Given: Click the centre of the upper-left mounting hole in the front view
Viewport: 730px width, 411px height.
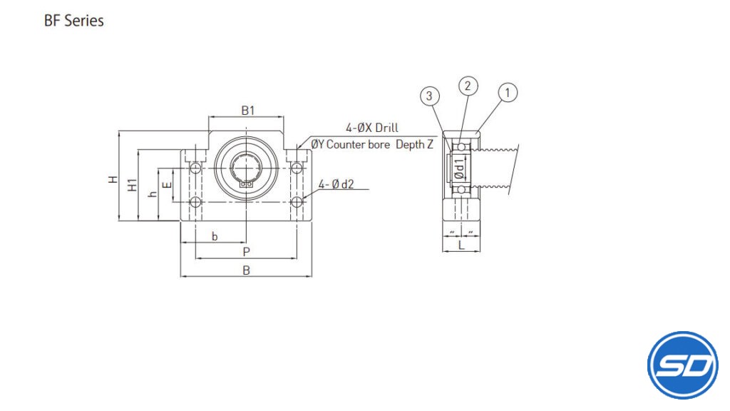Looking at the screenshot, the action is tap(195, 168).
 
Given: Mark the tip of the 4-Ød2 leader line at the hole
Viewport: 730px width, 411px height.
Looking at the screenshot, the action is tap(302, 200).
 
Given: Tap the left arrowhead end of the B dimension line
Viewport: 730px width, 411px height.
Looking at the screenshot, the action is tap(180, 276).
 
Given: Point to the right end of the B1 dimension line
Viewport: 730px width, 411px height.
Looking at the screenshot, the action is tap(284, 116).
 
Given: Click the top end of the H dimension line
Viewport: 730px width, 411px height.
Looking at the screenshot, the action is tap(119, 131).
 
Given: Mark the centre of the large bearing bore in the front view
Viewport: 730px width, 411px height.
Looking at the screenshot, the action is tap(246, 168).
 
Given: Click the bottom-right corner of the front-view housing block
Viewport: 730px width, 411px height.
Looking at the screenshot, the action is tap(312, 220).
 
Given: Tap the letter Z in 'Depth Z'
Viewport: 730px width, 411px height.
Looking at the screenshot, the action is tap(429, 144).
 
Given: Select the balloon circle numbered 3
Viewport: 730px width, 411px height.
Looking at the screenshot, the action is tap(429, 96).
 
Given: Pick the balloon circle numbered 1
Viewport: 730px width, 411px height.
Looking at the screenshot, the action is tap(508, 92).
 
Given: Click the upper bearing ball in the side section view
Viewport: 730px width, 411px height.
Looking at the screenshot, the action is tap(461, 147).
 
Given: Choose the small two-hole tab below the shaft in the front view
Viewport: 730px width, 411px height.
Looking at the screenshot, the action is tap(246, 184).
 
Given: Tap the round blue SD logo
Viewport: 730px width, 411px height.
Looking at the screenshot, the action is tap(682, 365).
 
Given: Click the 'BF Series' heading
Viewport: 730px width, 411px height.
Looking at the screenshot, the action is tap(74, 21).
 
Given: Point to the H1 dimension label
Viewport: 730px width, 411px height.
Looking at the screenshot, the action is tap(133, 185).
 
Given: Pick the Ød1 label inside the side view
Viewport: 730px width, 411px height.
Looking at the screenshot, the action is tap(460, 168).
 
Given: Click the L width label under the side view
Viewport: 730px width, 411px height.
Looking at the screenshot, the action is tap(461, 245).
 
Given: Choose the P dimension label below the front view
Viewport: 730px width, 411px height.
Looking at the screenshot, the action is tap(246, 252).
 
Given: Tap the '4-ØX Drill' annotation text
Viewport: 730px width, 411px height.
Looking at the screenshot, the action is tap(372, 128).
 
